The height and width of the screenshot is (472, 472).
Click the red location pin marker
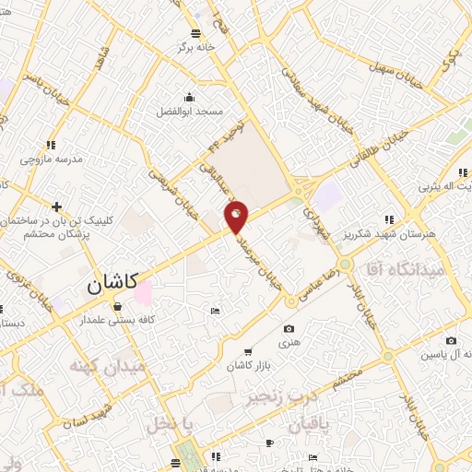pyautogui.click(x=237, y=217)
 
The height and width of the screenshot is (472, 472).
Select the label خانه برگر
pyautogui.click(x=196, y=46)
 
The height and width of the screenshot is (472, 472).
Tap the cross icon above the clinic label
pyautogui.click(x=57, y=206)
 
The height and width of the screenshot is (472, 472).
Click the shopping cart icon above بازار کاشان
pyautogui.click(x=248, y=351)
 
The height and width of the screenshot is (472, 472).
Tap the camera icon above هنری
pyautogui.click(x=289, y=329)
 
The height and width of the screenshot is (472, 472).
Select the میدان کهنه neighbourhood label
pyautogui.click(x=107, y=367)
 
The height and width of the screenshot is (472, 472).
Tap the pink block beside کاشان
pyautogui.click(x=143, y=295)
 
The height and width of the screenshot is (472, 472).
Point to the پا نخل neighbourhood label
pyautogui.click(x=172, y=425)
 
